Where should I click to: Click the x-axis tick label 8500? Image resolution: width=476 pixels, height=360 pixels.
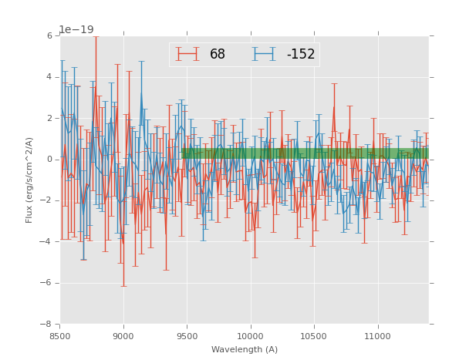60,336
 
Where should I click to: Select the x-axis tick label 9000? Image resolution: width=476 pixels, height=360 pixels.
123,336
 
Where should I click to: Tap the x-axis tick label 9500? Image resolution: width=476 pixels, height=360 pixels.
187,336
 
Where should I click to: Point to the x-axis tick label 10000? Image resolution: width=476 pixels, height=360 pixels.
251,336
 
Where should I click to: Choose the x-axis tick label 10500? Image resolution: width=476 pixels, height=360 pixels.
314,336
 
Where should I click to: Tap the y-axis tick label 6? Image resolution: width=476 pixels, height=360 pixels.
49,36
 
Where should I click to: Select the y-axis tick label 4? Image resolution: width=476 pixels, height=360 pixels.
49,77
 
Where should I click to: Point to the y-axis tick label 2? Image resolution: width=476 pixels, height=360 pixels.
49,118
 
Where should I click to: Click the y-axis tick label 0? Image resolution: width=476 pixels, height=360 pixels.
49,160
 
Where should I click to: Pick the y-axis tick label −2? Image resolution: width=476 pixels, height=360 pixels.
47,200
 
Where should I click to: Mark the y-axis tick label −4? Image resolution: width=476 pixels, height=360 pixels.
47,241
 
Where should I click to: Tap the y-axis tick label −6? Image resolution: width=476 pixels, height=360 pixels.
47,283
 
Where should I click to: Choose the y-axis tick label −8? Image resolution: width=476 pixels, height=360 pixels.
47,324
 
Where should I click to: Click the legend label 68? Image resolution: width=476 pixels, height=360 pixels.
218,55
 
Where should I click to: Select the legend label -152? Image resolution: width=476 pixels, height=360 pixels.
300,55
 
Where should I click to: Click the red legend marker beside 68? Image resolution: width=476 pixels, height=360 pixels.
187,54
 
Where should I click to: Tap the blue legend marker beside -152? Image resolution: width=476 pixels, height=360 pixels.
265,54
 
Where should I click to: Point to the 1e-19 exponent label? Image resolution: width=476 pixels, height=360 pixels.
76,29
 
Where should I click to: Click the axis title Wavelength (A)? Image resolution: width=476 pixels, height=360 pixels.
245,350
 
